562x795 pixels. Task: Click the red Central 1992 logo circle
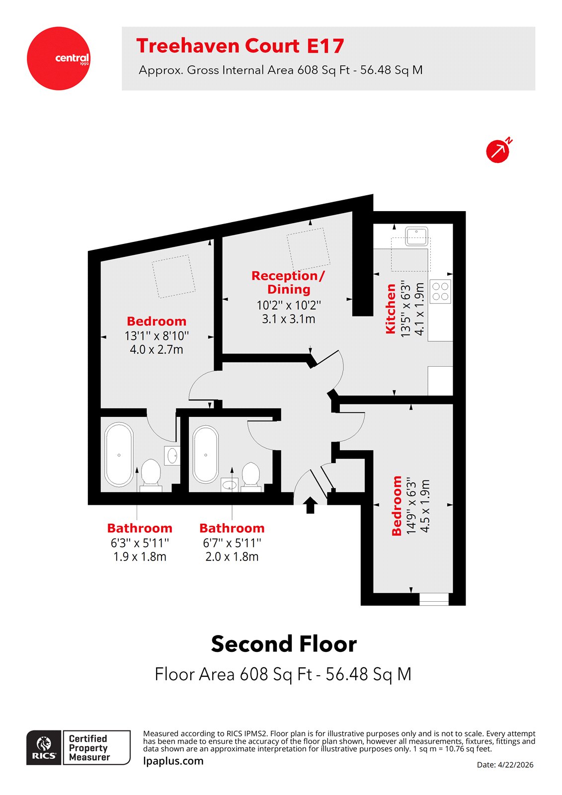[59, 59]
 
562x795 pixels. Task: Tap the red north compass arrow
[498, 151]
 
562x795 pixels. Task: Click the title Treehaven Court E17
[240, 46]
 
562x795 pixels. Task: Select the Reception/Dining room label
[288, 282]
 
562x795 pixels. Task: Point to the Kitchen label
[391, 309]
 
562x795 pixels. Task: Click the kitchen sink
[416, 236]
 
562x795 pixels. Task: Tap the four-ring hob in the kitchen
[440, 291]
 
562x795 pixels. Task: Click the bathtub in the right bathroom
[206, 454]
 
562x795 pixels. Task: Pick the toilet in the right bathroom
[251, 475]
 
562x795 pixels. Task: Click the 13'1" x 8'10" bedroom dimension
[157, 336]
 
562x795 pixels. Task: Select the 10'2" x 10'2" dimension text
[289, 305]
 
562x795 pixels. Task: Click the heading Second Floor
[284, 644]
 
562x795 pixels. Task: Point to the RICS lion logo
[44, 747]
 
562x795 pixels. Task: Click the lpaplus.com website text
[173, 761]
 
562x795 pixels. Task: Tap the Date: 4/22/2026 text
[505, 765]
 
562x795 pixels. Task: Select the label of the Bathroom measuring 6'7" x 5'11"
[232, 528]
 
